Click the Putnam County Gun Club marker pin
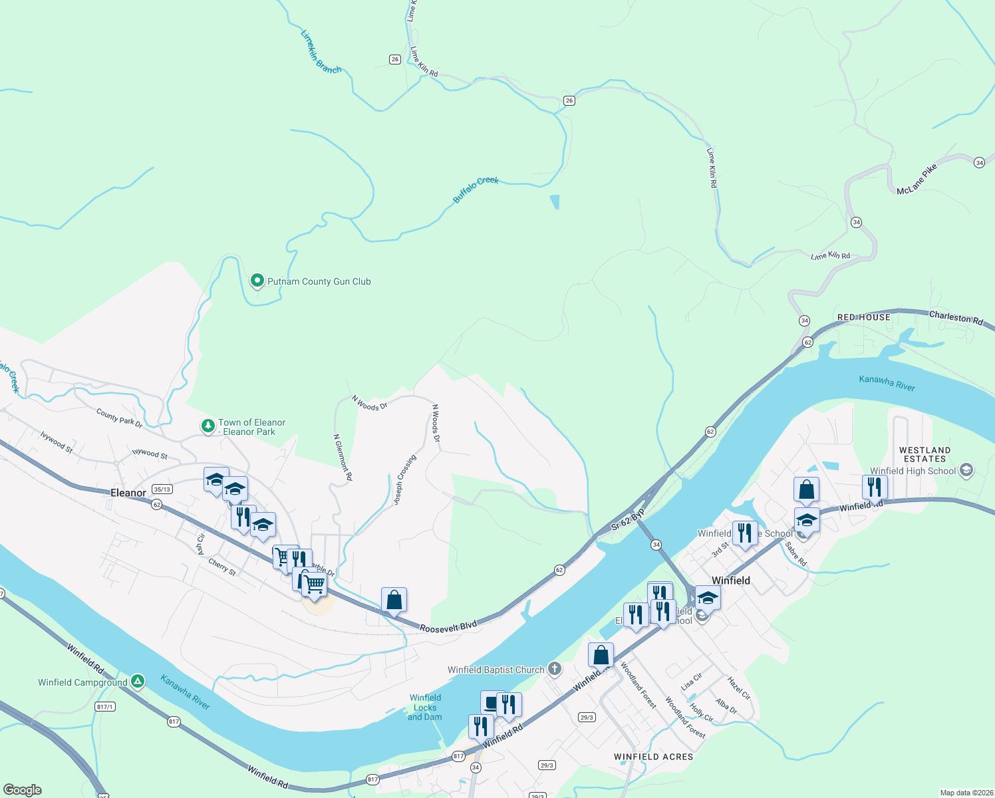257,281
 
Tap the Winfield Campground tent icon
137,681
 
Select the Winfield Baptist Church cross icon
555,669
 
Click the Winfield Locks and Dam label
425,707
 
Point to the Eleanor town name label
128,493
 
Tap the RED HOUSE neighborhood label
863,317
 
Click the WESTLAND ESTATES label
924,455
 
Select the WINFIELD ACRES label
653,757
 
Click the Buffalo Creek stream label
476,189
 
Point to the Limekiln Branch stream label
321,51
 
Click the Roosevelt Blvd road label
448,626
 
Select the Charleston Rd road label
956,318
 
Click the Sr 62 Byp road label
628,519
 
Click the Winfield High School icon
966,471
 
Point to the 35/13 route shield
162,489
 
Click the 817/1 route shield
105,706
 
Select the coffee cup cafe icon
492,702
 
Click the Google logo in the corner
23,790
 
